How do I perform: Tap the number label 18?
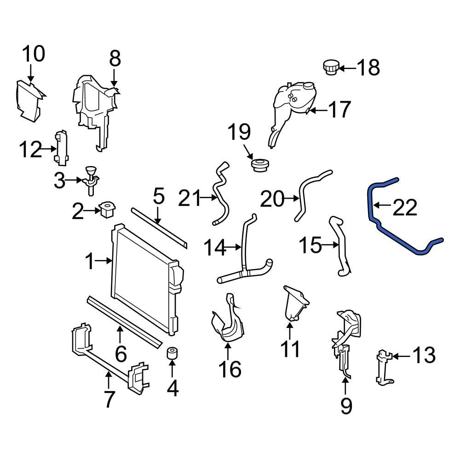(368, 68)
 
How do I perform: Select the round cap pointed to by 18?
(330, 67)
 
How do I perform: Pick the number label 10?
(34, 54)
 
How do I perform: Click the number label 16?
(229, 368)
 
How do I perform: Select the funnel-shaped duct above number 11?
(294, 304)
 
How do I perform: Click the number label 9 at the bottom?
(345, 405)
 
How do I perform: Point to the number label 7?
(108, 399)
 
